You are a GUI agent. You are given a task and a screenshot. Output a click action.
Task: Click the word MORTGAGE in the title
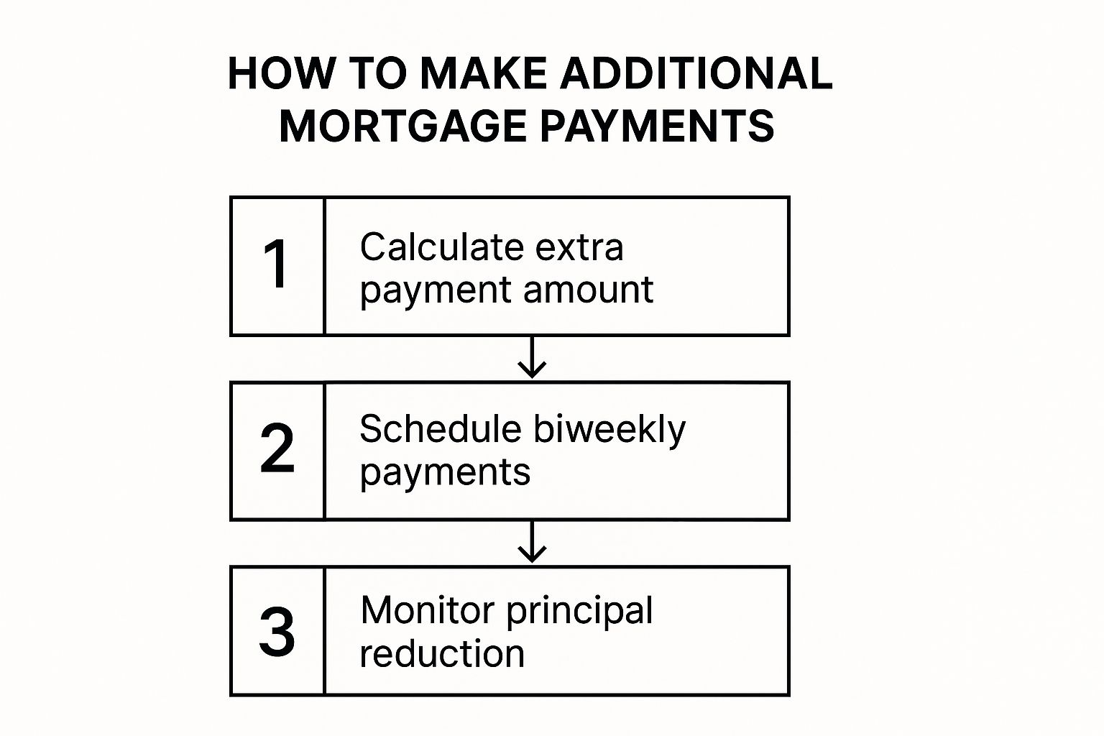[x=403, y=126]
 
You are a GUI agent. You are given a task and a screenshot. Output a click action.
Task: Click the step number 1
[x=277, y=265]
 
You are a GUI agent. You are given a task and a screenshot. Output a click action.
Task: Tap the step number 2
[x=277, y=449]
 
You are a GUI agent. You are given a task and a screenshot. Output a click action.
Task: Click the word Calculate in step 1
[x=438, y=247]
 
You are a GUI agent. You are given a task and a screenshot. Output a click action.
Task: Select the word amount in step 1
[x=588, y=290]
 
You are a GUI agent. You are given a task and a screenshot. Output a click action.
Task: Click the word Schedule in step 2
[x=440, y=430]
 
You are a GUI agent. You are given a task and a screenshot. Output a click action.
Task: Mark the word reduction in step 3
[x=442, y=654]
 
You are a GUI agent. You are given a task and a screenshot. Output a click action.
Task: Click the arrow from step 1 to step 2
[x=532, y=357]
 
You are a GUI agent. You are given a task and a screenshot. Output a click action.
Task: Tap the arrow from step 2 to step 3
[x=532, y=542]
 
